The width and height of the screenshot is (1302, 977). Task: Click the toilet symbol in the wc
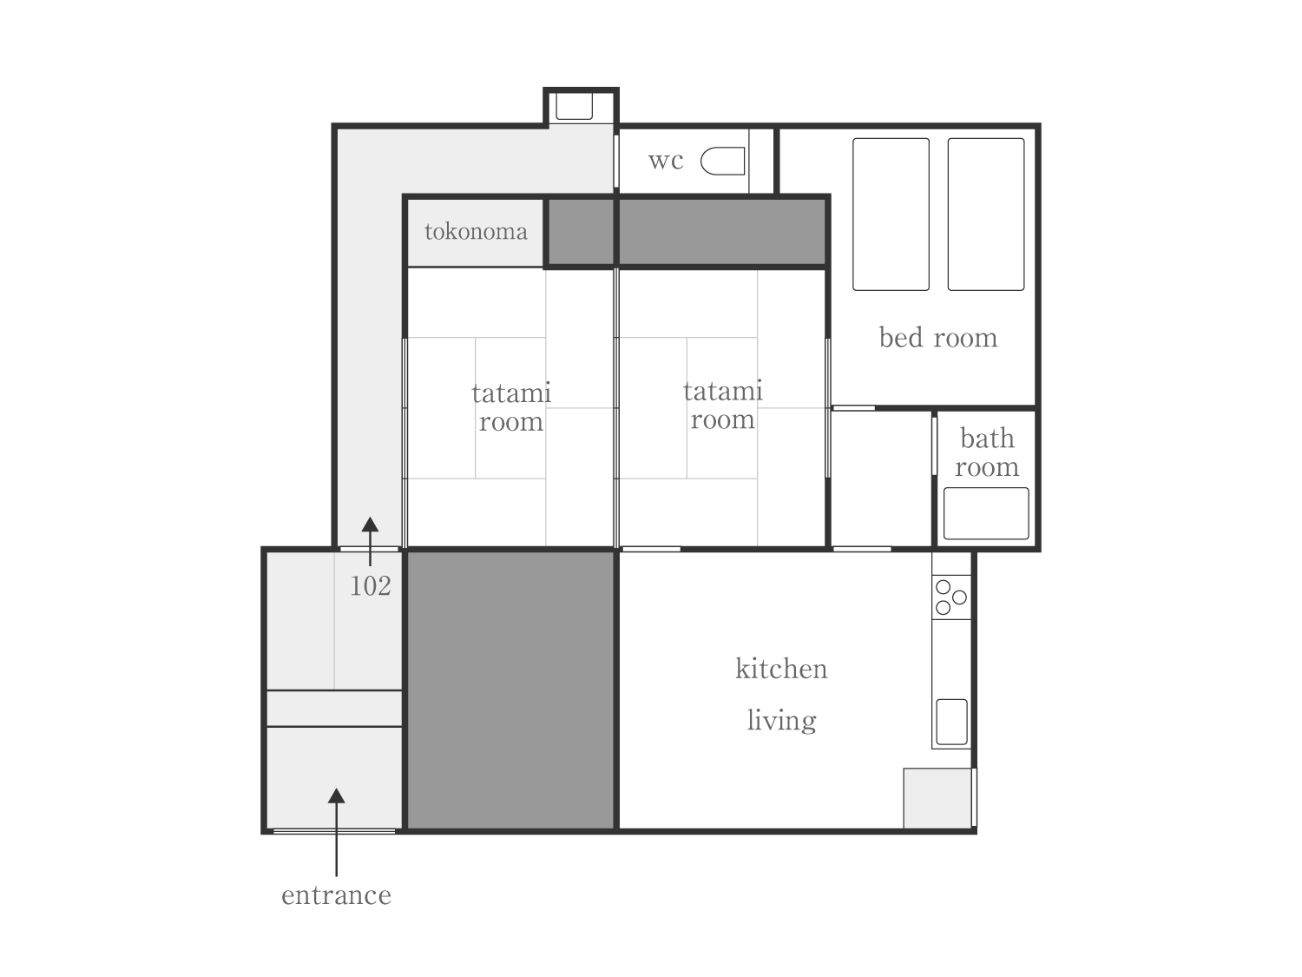pyautogui.click(x=722, y=161)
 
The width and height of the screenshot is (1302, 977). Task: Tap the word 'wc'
pyautogui.click(x=666, y=161)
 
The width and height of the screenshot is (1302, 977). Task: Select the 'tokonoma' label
pyautogui.click(x=476, y=231)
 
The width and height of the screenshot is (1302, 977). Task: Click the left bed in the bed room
pyautogui.click(x=891, y=215)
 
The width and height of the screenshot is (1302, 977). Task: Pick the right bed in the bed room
pyautogui.click(x=986, y=215)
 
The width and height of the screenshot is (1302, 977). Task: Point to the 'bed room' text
pyautogui.click(x=937, y=338)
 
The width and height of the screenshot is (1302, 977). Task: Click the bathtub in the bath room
pyautogui.click(x=986, y=513)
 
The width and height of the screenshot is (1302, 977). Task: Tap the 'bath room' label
pyautogui.click(x=987, y=452)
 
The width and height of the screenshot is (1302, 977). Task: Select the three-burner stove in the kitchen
pyautogui.click(x=950, y=597)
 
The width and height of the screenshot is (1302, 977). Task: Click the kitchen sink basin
pyautogui.click(x=951, y=722)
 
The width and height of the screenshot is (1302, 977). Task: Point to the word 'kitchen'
pyautogui.click(x=781, y=669)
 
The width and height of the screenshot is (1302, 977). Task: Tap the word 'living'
pyautogui.click(x=781, y=721)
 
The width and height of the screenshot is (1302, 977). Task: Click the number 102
pyautogui.click(x=371, y=586)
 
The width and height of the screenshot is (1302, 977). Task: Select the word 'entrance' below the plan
pyautogui.click(x=336, y=895)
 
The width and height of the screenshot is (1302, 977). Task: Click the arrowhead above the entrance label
pyautogui.click(x=336, y=795)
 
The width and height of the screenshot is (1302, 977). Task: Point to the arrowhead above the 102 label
pyautogui.click(x=370, y=525)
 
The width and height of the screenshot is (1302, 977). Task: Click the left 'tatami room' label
pyautogui.click(x=511, y=407)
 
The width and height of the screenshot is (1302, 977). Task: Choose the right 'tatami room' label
pyautogui.click(x=722, y=406)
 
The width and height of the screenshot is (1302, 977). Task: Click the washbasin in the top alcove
pyautogui.click(x=575, y=106)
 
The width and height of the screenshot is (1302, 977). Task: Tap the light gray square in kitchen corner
pyautogui.click(x=937, y=798)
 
